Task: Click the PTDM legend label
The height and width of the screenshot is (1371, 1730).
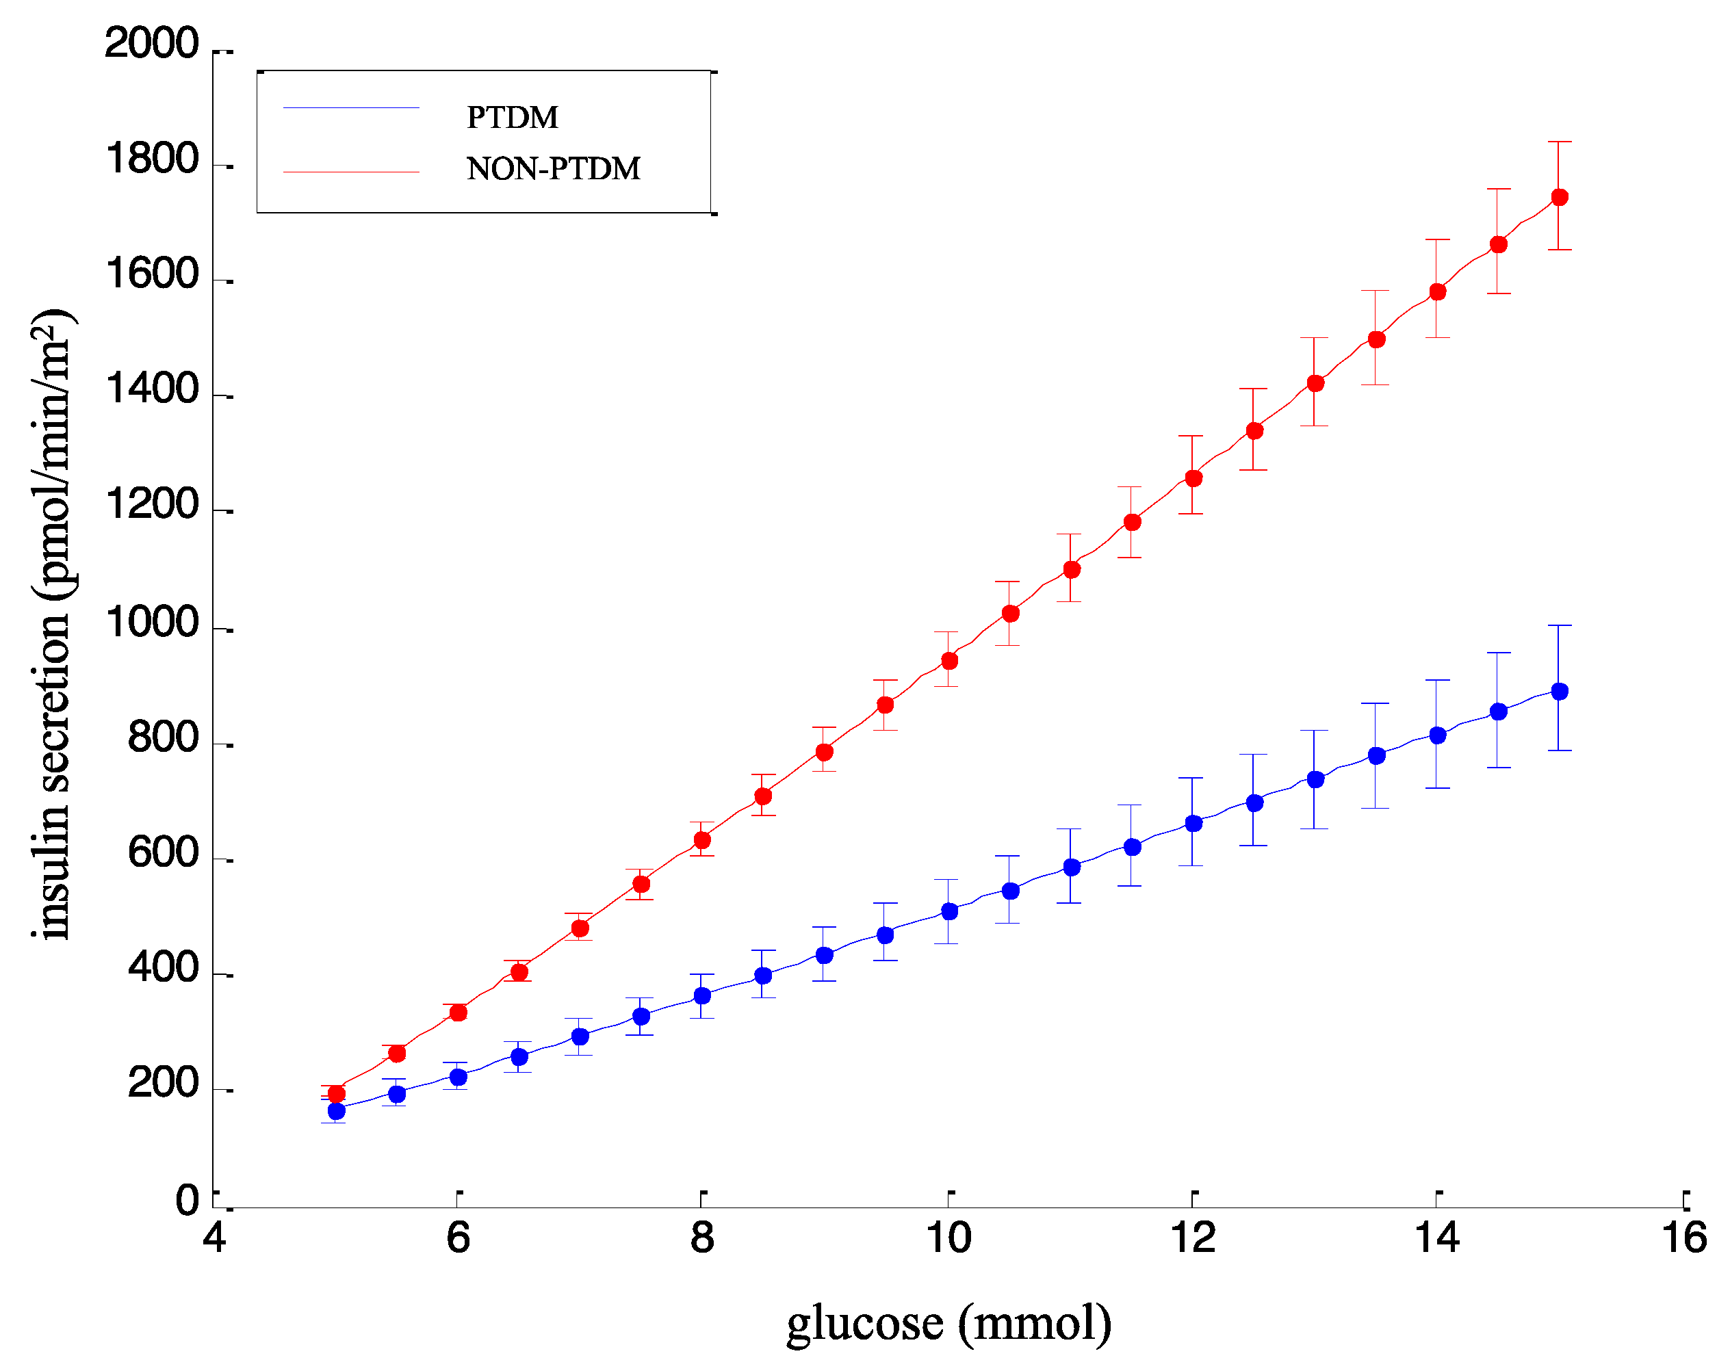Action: click(512, 117)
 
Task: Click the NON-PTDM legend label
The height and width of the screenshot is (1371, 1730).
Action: click(554, 168)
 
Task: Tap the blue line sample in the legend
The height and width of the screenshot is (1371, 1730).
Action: click(350, 107)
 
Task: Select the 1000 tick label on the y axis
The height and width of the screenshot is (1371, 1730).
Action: click(152, 623)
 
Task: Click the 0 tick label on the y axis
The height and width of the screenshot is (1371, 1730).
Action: click(187, 1200)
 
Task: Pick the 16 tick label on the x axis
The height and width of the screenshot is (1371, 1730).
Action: click(1683, 1237)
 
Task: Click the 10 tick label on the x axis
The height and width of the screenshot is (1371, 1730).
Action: click(949, 1237)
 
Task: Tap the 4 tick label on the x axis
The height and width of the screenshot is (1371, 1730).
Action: click(214, 1237)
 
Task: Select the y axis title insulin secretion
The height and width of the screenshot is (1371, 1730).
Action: click(51, 623)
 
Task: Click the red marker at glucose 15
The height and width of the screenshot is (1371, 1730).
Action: click(1559, 197)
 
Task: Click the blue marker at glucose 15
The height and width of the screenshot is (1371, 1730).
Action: click(1559, 692)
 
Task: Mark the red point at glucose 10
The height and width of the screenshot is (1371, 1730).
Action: click(949, 661)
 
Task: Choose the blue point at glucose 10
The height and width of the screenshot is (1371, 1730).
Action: click(949, 911)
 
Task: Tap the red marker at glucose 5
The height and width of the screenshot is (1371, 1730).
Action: click(337, 1094)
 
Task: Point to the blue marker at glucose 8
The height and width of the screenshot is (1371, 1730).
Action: click(702, 995)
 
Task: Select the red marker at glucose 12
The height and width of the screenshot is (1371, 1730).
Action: click(1193, 478)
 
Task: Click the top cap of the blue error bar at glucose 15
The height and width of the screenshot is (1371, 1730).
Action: click(1559, 625)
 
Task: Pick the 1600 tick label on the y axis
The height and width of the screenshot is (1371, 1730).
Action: click(152, 275)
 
